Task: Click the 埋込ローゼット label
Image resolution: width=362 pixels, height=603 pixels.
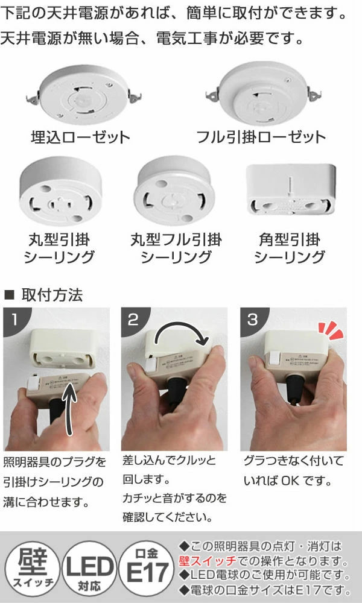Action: pyautogui.click(x=80, y=137)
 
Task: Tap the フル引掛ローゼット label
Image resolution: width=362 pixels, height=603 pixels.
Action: pyautogui.click(x=261, y=137)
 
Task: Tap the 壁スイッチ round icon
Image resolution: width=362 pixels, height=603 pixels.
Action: pyautogui.click(x=30, y=567)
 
